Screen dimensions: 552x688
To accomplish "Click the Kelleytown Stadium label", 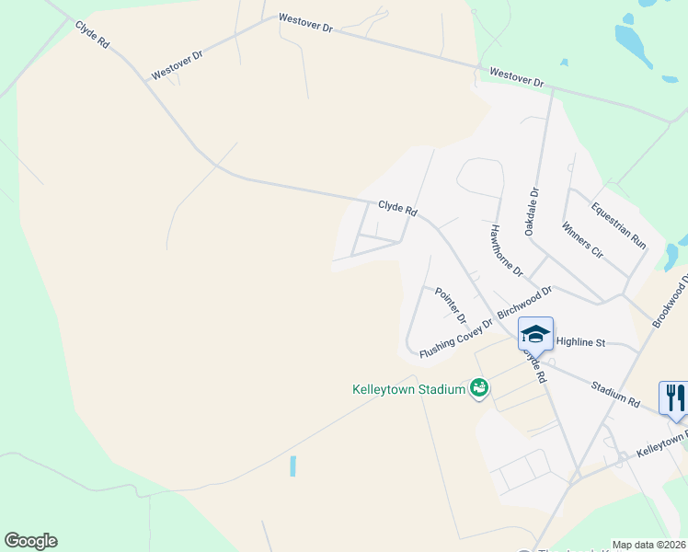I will pyautogui.click(x=408, y=389).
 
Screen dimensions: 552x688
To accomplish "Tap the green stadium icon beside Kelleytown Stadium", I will pyautogui.click(x=478, y=389).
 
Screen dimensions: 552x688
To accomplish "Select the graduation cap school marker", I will pyautogui.click(x=534, y=333).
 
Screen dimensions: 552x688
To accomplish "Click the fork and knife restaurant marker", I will pyautogui.click(x=674, y=397).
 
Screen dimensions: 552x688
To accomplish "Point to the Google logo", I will pyautogui.click(x=30, y=541).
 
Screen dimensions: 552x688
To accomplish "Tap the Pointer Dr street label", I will pyautogui.click(x=451, y=305).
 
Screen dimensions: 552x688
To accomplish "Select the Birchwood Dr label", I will pyautogui.click(x=524, y=303).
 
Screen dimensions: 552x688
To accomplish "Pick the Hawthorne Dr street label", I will pyautogui.click(x=506, y=251).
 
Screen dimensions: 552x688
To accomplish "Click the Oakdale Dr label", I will pyautogui.click(x=532, y=212).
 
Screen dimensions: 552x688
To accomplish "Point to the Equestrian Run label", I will pyautogui.click(x=619, y=224).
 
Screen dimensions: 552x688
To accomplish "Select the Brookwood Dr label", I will pyautogui.click(x=671, y=300).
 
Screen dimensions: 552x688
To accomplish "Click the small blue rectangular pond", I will pyautogui.click(x=293, y=466).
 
